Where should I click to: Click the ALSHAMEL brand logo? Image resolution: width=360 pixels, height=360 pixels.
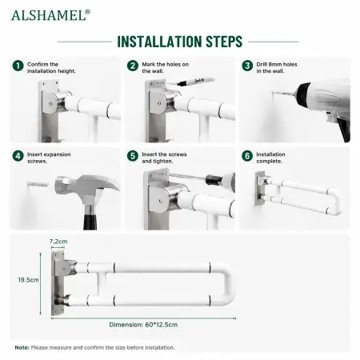click(x=50, y=15)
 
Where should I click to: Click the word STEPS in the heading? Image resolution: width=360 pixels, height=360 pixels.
click(x=224, y=42)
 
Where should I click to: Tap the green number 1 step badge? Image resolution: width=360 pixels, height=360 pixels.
click(x=18, y=66)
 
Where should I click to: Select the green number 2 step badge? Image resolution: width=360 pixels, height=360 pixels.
click(x=133, y=66)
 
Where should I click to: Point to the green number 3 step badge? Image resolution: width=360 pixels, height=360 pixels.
click(x=247, y=66)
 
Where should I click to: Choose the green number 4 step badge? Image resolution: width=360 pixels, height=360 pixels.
click(x=18, y=156)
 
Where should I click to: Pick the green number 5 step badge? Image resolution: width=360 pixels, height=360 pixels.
click(x=133, y=156)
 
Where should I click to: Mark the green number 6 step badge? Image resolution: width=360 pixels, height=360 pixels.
click(x=247, y=156)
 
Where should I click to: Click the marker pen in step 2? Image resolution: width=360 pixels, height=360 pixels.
click(x=195, y=81)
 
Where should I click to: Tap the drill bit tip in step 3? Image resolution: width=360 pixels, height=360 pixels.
click(x=273, y=92)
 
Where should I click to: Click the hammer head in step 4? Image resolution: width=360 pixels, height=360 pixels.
click(x=86, y=187)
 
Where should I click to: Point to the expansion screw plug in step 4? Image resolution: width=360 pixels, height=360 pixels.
click(x=38, y=184)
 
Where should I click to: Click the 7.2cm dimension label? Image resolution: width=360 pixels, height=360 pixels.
click(x=58, y=242)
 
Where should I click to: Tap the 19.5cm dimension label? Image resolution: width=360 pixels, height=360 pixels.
click(x=29, y=280)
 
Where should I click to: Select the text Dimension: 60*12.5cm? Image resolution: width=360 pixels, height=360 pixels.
click(x=143, y=325)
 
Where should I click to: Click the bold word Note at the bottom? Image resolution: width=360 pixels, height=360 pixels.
click(x=22, y=348)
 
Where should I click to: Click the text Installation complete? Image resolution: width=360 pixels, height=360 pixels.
click(x=270, y=158)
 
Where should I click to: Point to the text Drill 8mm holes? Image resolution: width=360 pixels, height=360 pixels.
click(x=277, y=64)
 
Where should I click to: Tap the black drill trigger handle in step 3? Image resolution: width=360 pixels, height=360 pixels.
click(x=345, y=130)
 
